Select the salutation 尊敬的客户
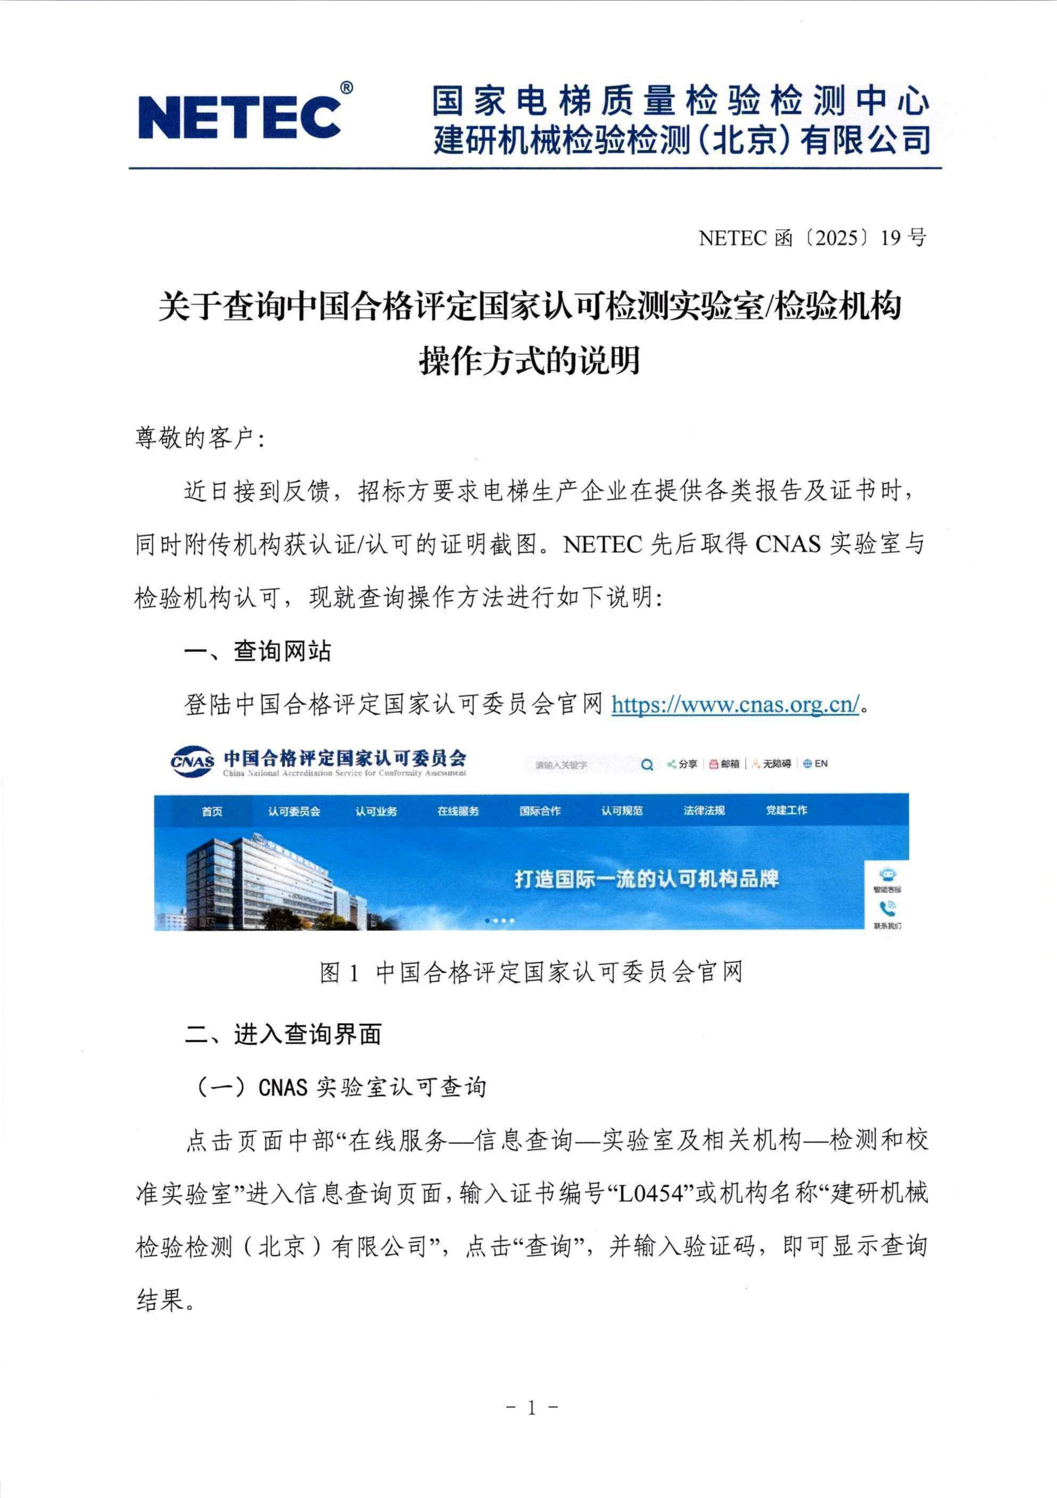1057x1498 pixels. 199,438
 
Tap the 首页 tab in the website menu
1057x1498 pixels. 212,811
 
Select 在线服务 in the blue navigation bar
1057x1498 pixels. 458,811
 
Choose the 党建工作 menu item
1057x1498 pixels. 786,810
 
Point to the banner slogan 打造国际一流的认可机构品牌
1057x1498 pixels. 646,879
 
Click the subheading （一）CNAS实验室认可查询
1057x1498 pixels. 341,1087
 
